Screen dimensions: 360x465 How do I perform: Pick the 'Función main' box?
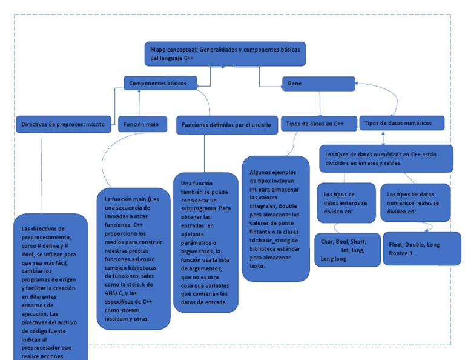[142, 124]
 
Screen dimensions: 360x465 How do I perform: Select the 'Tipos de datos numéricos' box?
[402, 123]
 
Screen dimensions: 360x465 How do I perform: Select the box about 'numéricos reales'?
[415, 202]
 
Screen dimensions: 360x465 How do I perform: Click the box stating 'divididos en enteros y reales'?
[385, 159]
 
